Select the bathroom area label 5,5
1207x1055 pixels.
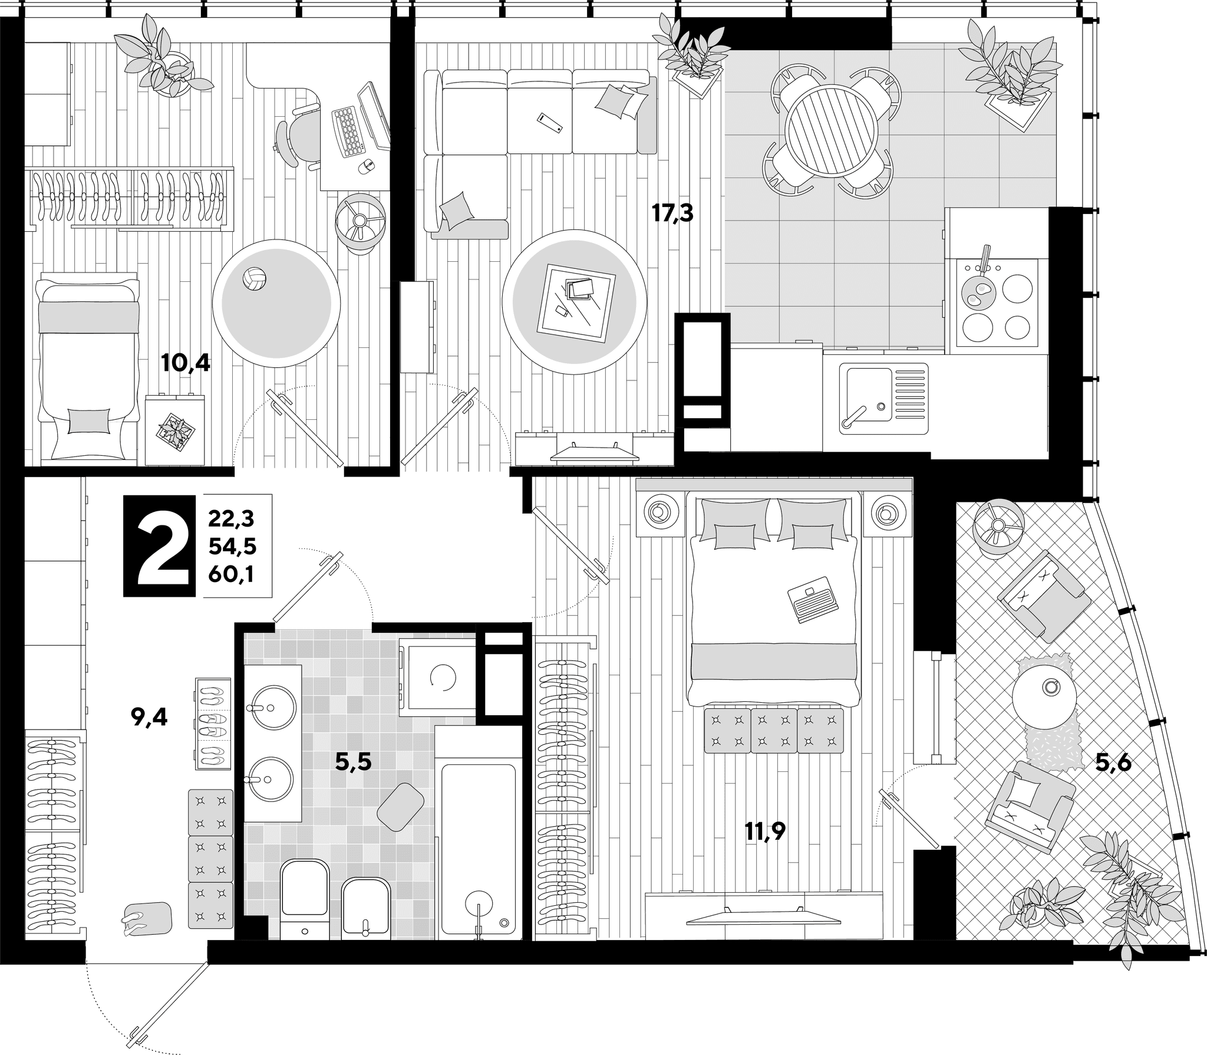[353, 763]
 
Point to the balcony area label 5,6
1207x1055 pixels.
[1113, 764]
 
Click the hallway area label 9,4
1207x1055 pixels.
[150, 718]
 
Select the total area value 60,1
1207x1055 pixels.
[230, 574]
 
